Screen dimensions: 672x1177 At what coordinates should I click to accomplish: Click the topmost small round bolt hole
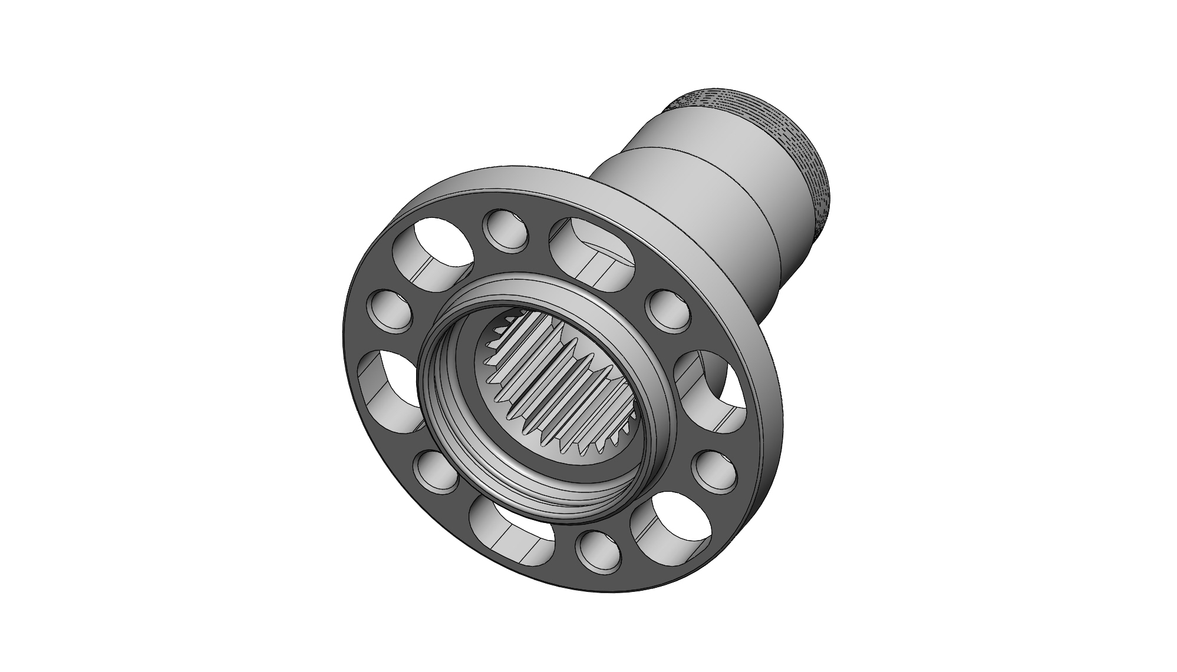505,231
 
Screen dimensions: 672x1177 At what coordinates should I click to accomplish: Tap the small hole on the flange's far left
388,311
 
